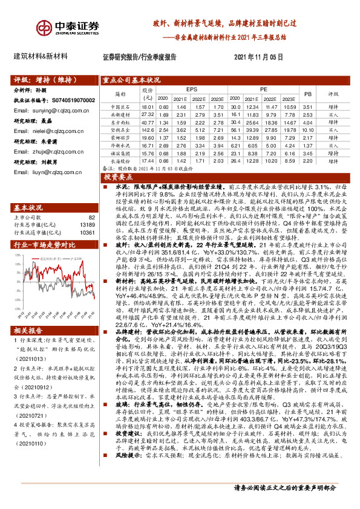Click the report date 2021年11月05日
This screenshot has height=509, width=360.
[x=258, y=57]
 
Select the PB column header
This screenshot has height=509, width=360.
[x=307, y=94]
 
